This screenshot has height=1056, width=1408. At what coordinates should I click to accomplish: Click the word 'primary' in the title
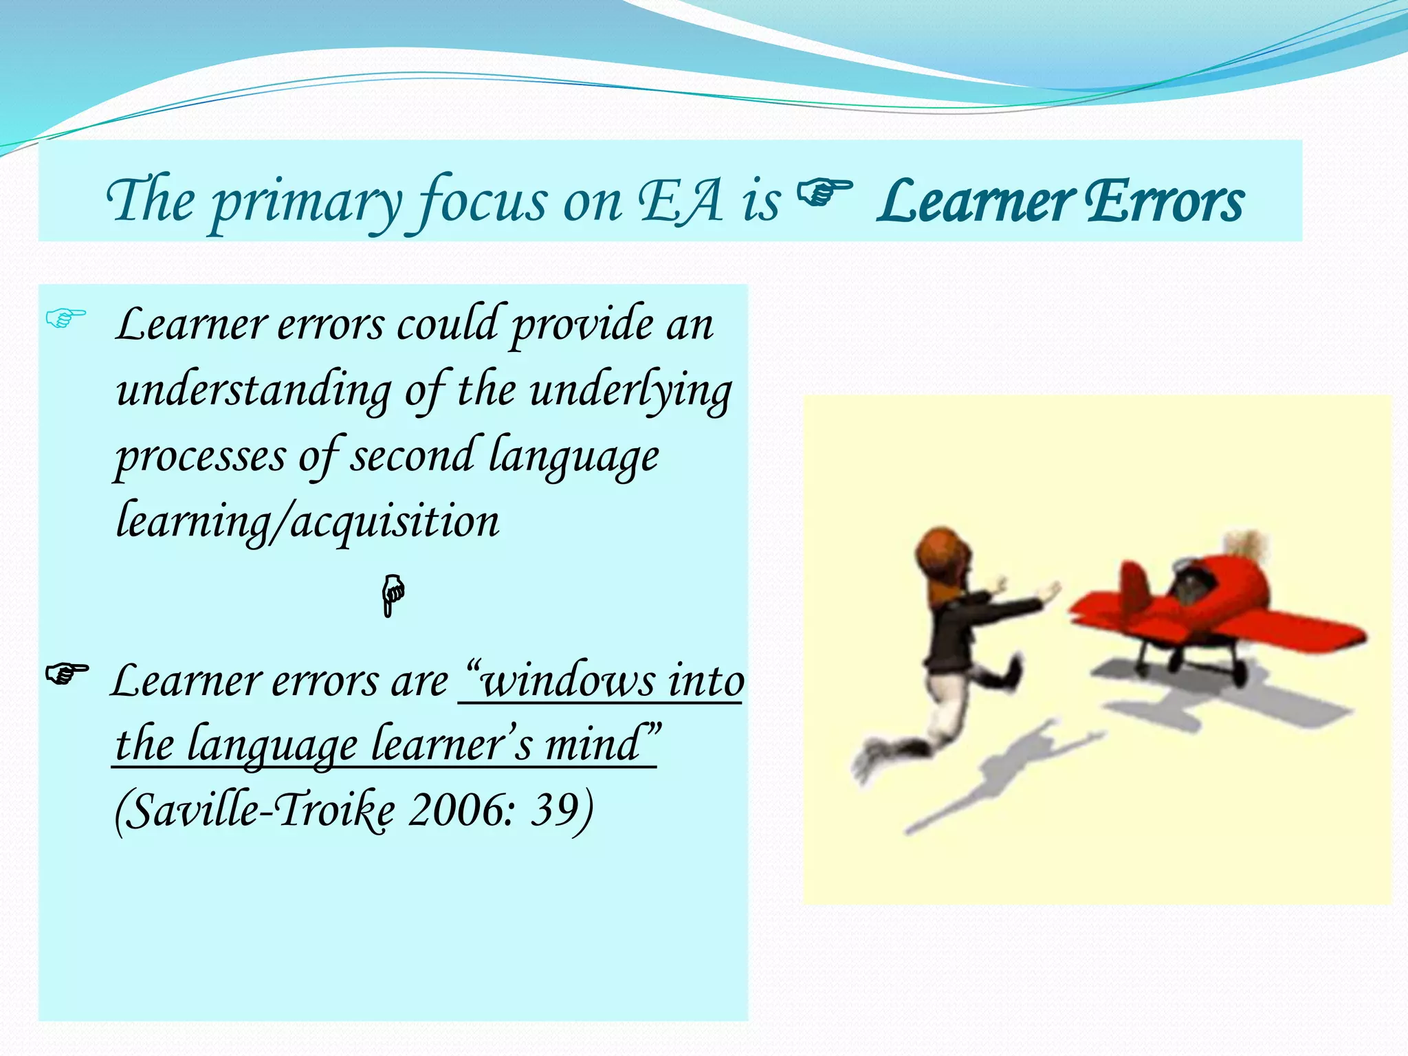coord(306,203)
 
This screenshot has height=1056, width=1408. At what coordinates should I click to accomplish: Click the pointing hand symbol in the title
coord(824,193)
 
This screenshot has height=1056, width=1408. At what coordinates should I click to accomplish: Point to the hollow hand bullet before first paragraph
coord(65,318)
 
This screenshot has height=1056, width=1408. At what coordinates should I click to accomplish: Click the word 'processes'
coord(200,456)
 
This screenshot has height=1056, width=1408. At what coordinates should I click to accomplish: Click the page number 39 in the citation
coord(553,811)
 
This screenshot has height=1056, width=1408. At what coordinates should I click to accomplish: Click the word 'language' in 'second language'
coord(573,456)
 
